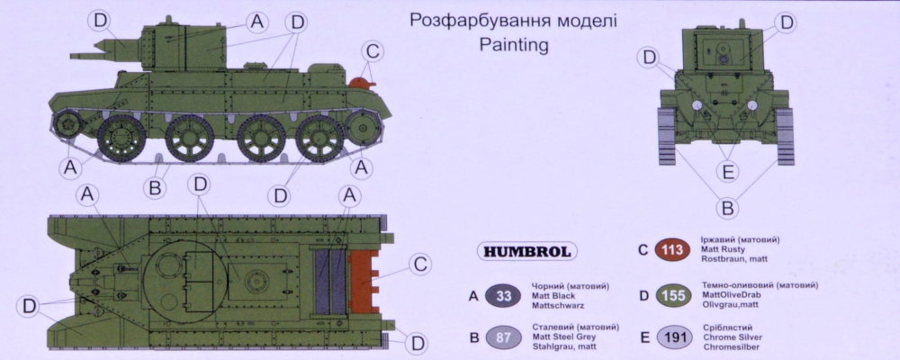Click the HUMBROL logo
coord(526,251)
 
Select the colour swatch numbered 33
coord(503,296)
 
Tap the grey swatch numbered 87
coord(503,337)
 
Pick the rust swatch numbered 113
coord(672,250)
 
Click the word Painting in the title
coord(514,46)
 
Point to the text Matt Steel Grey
coord(563,337)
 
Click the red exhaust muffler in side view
coord(362,84)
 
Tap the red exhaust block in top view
coord(364,282)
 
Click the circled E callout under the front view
coord(728,171)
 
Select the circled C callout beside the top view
coord(419,265)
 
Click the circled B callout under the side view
coord(155,187)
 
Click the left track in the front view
coord(666,137)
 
